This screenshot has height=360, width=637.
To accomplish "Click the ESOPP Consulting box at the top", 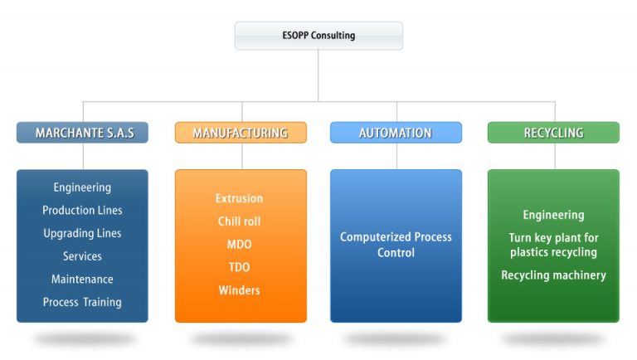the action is [x=318, y=36].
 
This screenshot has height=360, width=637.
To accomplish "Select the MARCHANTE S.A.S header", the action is [x=82, y=133].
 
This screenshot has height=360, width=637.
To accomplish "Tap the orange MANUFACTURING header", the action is [x=241, y=133].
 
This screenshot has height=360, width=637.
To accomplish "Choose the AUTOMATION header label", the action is [x=396, y=133].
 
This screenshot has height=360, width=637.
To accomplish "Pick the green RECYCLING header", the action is [x=554, y=133].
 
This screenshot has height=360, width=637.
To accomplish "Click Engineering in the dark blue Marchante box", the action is [x=82, y=187].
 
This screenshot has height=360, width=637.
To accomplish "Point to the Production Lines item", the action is [x=82, y=210].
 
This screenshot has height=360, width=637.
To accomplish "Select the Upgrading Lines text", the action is [x=82, y=233].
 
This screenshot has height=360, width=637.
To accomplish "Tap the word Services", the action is [x=82, y=256].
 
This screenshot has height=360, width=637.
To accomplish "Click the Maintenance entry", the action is [x=82, y=280].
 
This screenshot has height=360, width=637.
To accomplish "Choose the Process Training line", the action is [x=82, y=302].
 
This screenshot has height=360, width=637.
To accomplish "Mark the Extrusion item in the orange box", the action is [x=239, y=198].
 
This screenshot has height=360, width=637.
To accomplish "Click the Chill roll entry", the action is [x=239, y=221].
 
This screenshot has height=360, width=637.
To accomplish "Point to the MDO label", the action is [x=239, y=244].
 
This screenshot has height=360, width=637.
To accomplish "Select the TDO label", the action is [x=239, y=267].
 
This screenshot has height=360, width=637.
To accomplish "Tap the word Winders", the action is [x=239, y=290].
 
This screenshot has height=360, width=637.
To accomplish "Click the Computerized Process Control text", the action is [x=396, y=245].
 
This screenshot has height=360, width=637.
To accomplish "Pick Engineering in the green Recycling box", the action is [x=554, y=215].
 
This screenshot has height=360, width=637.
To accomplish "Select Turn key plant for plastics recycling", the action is [x=554, y=245].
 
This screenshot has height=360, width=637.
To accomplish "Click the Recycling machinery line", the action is [x=554, y=275].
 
